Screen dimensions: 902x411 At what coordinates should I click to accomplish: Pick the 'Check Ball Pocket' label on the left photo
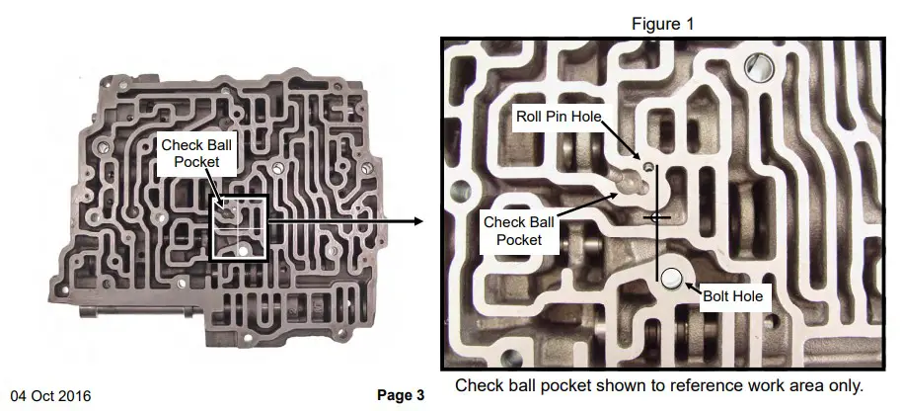pyautogui.click(x=195, y=152)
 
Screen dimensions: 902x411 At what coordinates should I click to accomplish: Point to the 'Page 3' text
pyautogui.click(x=401, y=395)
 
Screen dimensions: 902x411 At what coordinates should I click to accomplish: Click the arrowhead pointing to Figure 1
pyautogui.click(x=417, y=221)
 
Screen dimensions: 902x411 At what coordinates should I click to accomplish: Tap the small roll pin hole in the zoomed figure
pyautogui.click(x=648, y=167)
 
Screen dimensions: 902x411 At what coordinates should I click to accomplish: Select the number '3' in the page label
pyautogui.click(x=419, y=395)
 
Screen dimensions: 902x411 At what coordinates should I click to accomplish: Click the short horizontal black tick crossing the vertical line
pyautogui.click(x=656, y=215)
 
